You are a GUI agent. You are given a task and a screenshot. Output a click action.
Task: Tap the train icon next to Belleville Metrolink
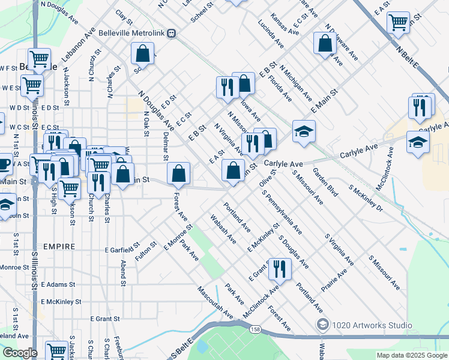172,34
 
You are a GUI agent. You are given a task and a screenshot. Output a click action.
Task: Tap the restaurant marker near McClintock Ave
279,269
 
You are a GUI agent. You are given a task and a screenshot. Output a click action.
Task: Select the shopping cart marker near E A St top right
398,23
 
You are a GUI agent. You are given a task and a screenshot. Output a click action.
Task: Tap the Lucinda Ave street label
271,34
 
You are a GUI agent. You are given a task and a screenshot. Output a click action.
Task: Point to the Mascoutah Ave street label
214,300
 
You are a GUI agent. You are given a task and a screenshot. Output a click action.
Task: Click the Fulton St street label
146,251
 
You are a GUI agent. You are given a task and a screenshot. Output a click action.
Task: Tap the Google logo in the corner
19,352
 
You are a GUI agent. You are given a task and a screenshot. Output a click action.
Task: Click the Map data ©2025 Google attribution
412,355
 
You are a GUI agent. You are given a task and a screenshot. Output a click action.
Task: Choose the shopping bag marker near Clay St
143,53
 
